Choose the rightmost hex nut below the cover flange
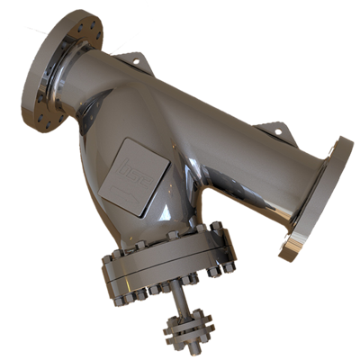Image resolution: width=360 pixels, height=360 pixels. point(229,269)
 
